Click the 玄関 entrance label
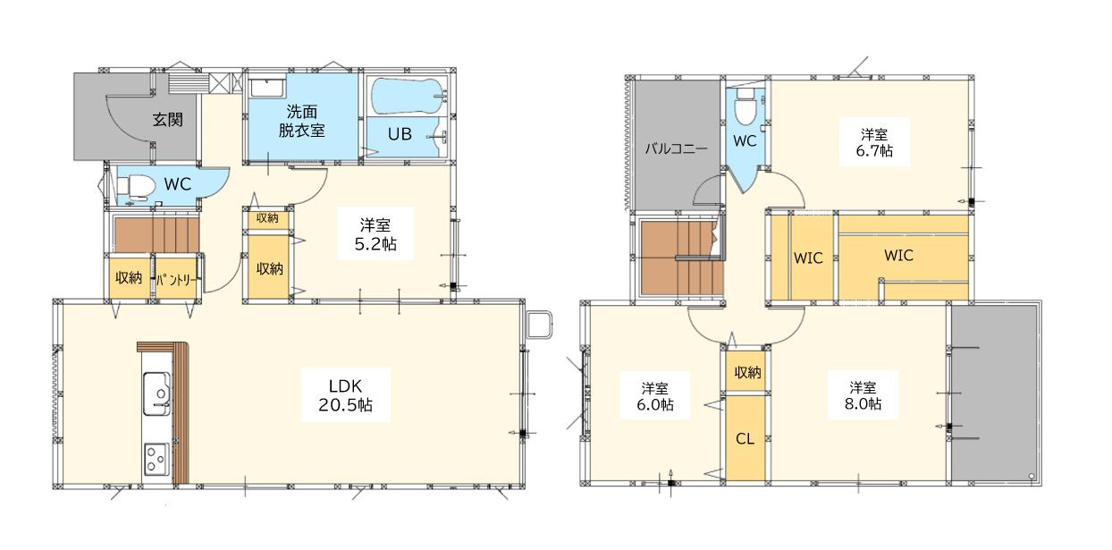click(167, 119)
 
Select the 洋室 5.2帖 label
click(374, 233)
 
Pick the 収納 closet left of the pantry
click(129, 278)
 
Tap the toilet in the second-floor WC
click(743, 109)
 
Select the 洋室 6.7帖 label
click(873, 142)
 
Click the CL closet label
click(745, 439)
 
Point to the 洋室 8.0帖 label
click(864, 395)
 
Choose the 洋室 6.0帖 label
click(655, 396)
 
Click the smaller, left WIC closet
click(808, 257)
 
